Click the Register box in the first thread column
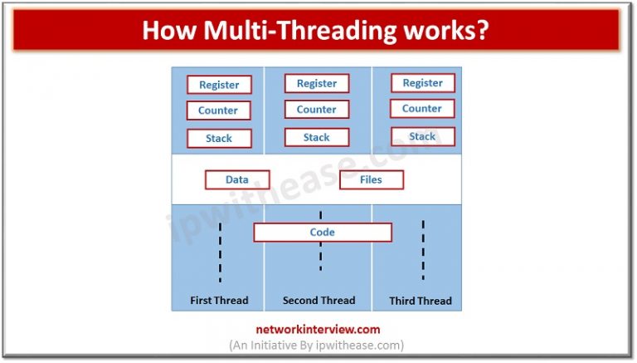point(219,85)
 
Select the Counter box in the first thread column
point(219,110)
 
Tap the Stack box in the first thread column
point(219,139)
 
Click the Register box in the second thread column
point(317,83)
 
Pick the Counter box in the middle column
point(317,110)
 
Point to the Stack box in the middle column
point(317,138)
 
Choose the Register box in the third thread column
point(422,83)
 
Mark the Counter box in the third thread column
point(422,109)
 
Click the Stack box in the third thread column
point(422,136)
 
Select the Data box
point(237,179)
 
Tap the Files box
point(372,179)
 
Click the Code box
point(322,233)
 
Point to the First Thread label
point(219,301)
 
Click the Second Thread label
point(318,301)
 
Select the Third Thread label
point(421,301)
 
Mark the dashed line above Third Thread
point(423,249)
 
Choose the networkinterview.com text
point(317,329)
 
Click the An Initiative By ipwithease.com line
point(317,345)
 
